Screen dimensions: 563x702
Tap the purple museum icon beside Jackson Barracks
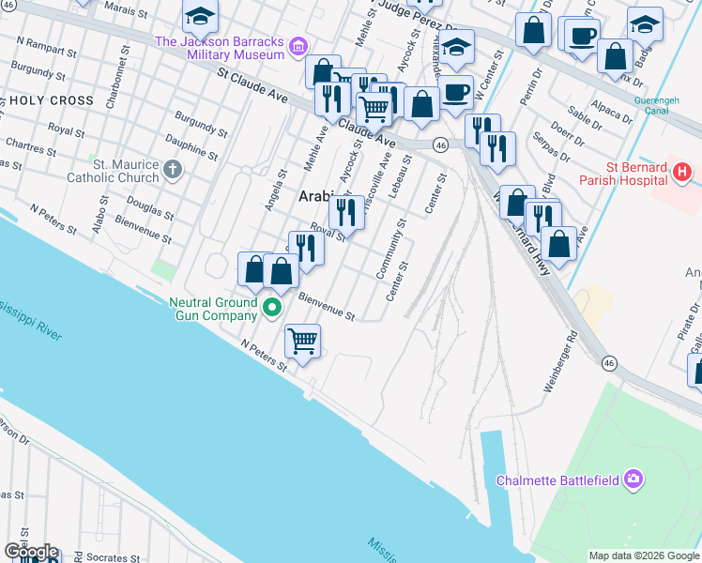(298, 44)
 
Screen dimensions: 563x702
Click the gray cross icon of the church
(172, 170)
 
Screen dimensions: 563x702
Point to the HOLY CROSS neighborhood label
(53, 100)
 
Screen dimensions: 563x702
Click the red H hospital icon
(682, 173)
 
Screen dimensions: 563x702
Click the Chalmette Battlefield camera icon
(633, 479)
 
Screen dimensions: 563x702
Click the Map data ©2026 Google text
(643, 555)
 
